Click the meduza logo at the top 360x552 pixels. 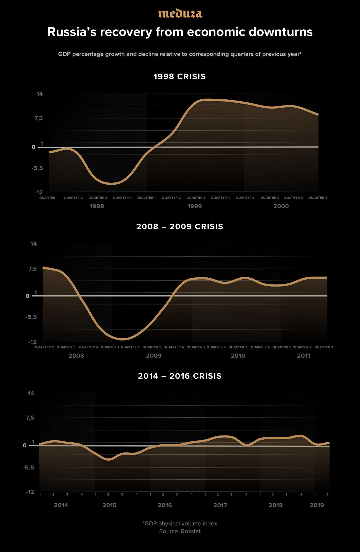click(180, 14)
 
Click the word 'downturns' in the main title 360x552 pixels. click(281, 32)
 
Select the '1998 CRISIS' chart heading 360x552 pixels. click(180, 77)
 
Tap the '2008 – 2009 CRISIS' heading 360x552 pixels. click(180, 227)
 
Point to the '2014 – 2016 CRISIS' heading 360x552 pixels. click(180, 376)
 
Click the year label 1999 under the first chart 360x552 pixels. click(195, 206)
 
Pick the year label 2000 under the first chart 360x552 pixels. click(281, 206)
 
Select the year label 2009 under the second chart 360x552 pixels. click(154, 356)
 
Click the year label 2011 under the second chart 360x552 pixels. click(304, 356)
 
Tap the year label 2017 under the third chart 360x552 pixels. click(220, 505)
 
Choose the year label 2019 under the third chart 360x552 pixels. click(317, 505)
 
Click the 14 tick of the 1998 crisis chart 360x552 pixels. click(40, 94)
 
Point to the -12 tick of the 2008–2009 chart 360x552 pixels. click(32, 342)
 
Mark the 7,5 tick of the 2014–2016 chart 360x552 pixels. click(30, 418)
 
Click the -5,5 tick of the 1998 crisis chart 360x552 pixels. click(37, 168)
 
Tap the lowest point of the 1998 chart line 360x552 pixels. click(111, 184)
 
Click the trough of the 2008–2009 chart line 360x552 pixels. click(123, 339)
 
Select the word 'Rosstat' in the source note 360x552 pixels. click(191, 531)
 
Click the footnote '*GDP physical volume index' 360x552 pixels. click(180, 523)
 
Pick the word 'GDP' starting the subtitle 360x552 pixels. click(64, 54)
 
